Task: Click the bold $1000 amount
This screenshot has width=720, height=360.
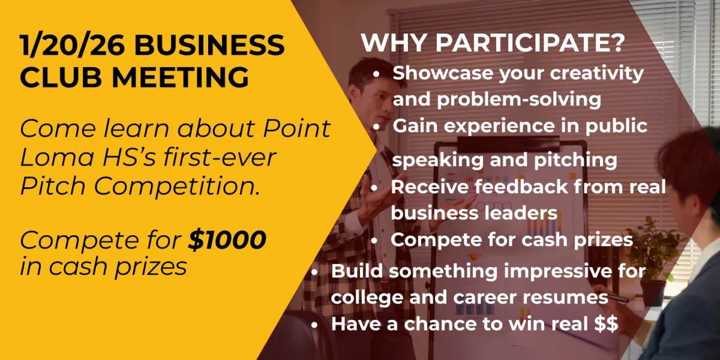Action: click(x=227, y=241)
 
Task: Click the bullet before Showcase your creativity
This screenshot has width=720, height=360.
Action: click(x=376, y=74)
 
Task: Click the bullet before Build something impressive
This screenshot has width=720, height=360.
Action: click(x=315, y=272)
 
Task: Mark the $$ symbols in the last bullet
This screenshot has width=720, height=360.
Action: click(x=605, y=324)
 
